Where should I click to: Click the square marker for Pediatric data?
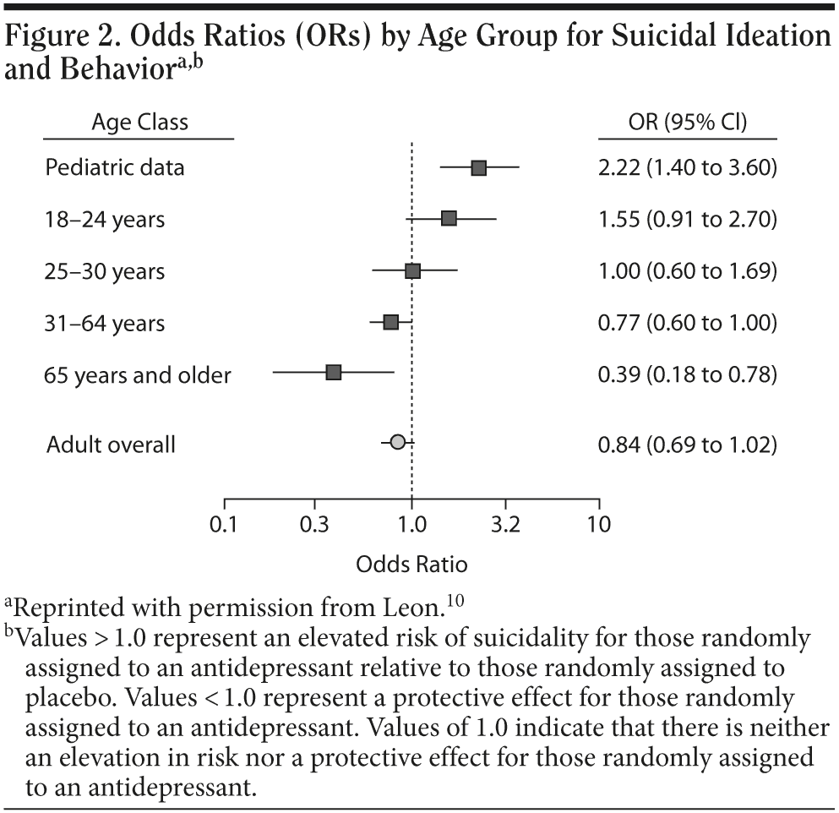click(478, 167)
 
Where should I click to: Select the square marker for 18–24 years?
click(449, 219)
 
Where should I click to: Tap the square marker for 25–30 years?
click(412, 270)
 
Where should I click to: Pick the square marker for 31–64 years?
click(390, 322)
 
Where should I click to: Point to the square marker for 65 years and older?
click(334, 373)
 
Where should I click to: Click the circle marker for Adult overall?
click(397, 441)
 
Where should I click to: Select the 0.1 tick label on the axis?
click(224, 524)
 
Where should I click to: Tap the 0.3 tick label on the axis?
click(314, 524)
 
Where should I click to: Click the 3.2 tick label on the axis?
click(505, 524)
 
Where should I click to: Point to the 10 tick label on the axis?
click(598, 524)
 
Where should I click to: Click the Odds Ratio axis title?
click(411, 564)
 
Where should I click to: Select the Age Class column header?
click(139, 123)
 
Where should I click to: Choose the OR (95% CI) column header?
click(687, 123)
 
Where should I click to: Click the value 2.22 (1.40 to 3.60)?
click(687, 167)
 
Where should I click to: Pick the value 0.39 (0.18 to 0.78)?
click(687, 374)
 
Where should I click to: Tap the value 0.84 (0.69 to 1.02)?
click(687, 443)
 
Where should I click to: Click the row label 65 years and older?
click(138, 375)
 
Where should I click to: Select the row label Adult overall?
click(111, 445)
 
